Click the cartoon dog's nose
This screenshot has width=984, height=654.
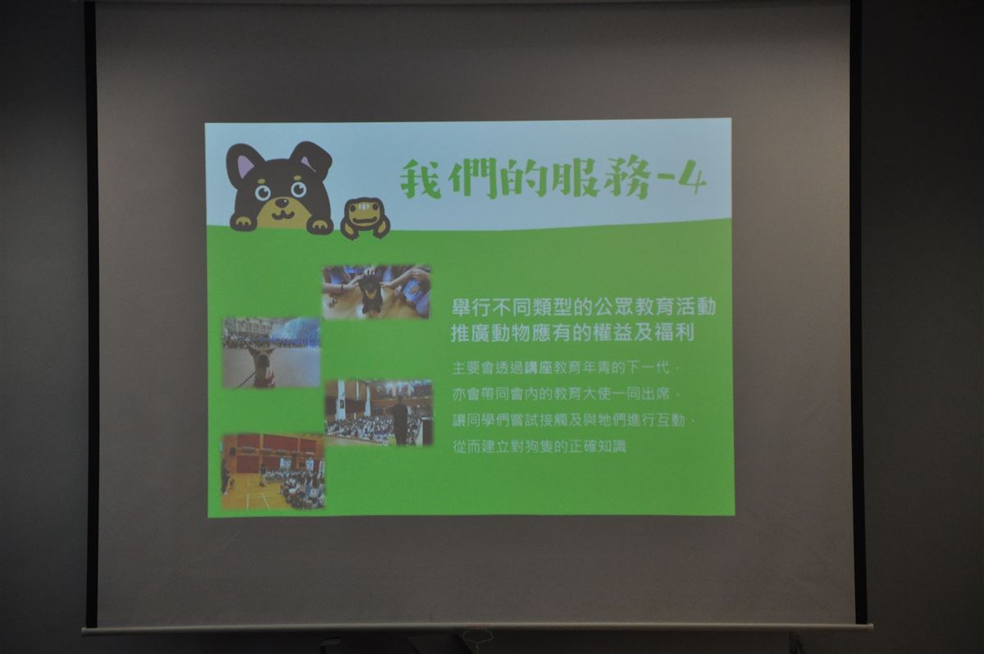(x=281, y=203)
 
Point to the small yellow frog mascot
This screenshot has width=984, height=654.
(x=365, y=218)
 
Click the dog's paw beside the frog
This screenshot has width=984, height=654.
(x=319, y=225)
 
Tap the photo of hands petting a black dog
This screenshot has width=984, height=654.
(x=376, y=291)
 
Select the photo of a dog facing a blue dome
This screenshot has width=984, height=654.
(x=271, y=353)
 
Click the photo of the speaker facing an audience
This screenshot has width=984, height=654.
(x=379, y=413)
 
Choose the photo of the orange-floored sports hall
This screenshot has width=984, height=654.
(x=273, y=472)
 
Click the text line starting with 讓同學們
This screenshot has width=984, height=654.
(x=573, y=421)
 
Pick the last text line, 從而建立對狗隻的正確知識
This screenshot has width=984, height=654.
(x=539, y=447)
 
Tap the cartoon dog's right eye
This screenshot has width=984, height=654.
(x=298, y=189)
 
